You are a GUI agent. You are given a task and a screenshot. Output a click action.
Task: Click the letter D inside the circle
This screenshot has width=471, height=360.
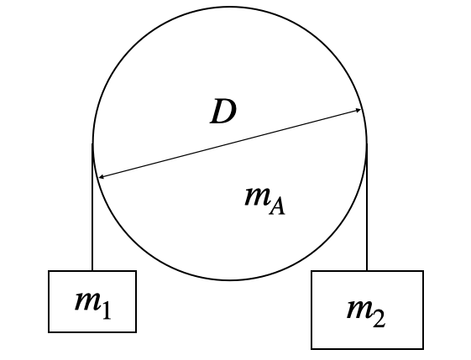pyautogui.click(x=222, y=111)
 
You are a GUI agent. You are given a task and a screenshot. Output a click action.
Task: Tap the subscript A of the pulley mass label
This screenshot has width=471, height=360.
pyautogui.click(x=277, y=207)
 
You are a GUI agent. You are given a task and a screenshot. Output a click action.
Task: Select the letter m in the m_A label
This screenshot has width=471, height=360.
pyautogui.click(x=257, y=196)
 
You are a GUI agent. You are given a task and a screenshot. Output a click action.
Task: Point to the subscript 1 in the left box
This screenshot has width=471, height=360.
pyautogui.click(x=106, y=310)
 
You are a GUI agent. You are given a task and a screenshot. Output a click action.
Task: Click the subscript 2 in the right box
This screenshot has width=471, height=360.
pyautogui.click(x=379, y=319)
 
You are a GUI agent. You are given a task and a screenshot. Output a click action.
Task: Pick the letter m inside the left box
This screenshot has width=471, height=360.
pyautogui.click(x=87, y=300)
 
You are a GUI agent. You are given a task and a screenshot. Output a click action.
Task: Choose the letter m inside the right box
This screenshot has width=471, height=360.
pyautogui.click(x=359, y=309)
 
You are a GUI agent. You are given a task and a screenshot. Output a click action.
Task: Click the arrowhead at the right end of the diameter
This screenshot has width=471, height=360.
pyautogui.click(x=358, y=111)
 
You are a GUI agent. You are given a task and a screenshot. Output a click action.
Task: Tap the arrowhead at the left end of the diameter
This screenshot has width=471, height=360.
pyautogui.click(x=102, y=177)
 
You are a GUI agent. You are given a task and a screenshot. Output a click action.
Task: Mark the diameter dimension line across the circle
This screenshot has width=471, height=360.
pyautogui.click(x=230, y=143)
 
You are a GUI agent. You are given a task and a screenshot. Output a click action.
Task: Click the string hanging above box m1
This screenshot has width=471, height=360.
pyautogui.click(x=92, y=207)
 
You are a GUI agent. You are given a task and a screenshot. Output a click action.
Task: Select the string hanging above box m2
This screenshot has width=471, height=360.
pyautogui.click(x=367, y=207)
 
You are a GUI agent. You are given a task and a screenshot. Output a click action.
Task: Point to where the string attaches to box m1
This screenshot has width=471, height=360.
pyautogui.click(x=92, y=271)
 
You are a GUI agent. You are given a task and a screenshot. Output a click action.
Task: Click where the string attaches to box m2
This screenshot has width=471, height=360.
pyautogui.click(x=367, y=271)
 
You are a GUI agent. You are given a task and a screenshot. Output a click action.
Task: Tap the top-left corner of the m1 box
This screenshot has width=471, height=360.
pyautogui.click(x=49, y=271)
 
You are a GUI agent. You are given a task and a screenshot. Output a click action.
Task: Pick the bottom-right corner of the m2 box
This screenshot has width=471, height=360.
pyautogui.click(x=423, y=349)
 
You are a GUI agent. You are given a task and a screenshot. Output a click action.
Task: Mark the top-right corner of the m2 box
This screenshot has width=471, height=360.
pyautogui.click(x=423, y=271)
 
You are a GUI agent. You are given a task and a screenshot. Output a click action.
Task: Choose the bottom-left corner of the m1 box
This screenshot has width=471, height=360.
pyautogui.click(x=49, y=332)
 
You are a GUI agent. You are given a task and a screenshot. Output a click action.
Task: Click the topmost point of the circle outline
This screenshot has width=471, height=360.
pyautogui.click(x=230, y=7)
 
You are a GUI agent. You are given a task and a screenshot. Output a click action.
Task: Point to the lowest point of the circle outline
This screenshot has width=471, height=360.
pyautogui.click(x=230, y=280)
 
